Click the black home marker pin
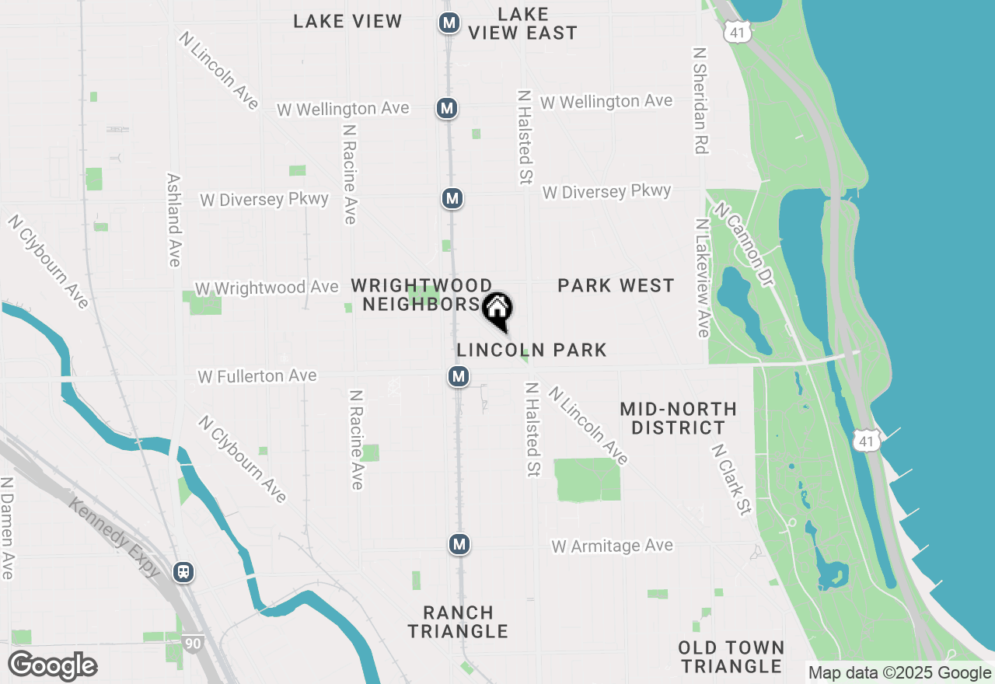[497, 310]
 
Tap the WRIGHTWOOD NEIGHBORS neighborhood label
[421, 295]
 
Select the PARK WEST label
[616, 286]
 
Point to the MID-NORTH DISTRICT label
[678, 418]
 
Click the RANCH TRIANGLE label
[458, 622]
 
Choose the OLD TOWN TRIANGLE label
[731, 657]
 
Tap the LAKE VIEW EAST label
[522, 24]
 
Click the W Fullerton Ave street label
[257, 376]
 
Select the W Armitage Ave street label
[613, 546]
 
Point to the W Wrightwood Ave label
[267, 288]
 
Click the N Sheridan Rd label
[700, 100]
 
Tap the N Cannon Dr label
[745, 244]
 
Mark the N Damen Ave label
[8, 529]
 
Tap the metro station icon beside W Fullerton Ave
[459, 377]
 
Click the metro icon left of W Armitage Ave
[459, 544]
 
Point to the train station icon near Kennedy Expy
[183, 572]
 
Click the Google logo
[52, 666]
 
